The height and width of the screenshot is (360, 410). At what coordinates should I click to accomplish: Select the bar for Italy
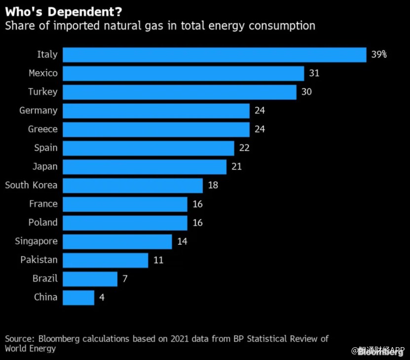click(215, 55)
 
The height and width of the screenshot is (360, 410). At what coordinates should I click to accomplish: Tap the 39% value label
click(379, 55)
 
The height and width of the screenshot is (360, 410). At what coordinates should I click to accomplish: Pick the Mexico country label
click(43, 73)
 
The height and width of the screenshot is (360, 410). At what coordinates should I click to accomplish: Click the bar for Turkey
click(180, 92)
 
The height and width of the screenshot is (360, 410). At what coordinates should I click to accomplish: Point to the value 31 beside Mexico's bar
click(314, 73)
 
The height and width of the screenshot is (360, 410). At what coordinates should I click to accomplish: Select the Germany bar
click(156, 111)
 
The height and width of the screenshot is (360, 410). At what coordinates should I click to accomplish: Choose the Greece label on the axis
click(43, 129)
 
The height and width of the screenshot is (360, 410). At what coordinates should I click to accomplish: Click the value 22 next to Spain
click(244, 148)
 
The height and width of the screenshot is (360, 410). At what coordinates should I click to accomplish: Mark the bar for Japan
click(145, 167)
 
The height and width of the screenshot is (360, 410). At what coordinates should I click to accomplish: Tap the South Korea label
click(31, 185)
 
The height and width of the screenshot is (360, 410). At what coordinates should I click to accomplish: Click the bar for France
click(125, 204)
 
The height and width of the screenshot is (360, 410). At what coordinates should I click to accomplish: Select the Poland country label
click(43, 223)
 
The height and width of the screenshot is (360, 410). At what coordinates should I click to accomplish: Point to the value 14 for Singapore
click(182, 241)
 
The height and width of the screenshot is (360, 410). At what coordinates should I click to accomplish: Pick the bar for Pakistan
click(106, 260)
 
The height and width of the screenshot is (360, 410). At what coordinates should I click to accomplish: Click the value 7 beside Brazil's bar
click(125, 279)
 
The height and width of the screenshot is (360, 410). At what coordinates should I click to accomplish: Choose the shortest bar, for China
click(78, 298)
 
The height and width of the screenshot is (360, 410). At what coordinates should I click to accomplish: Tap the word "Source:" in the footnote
click(20, 339)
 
